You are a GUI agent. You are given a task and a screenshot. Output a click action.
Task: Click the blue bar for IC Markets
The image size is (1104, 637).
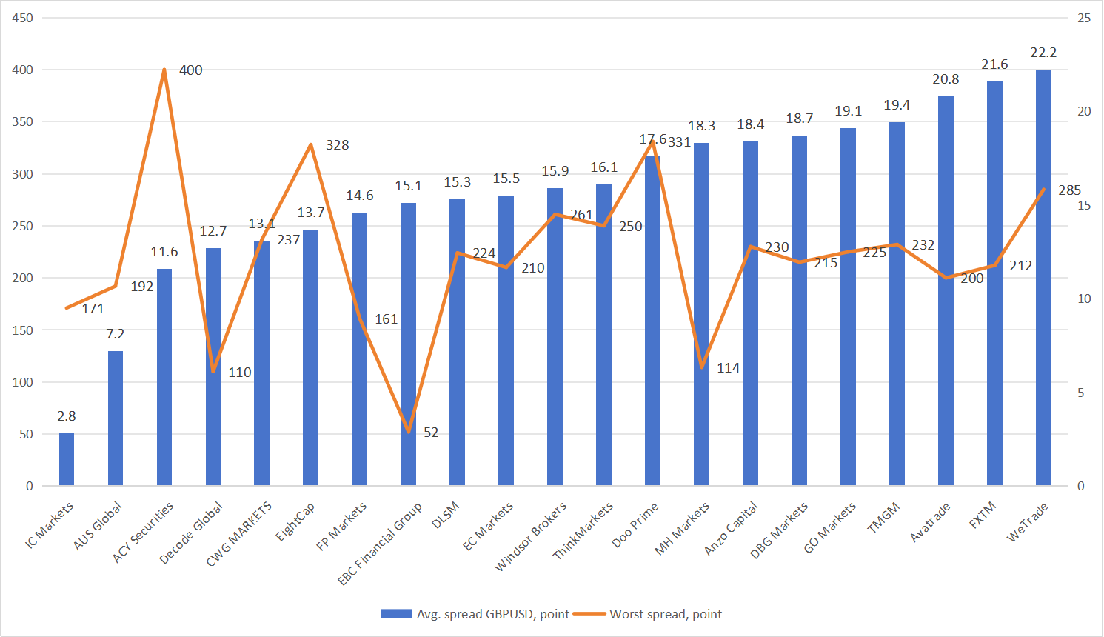point(67,459)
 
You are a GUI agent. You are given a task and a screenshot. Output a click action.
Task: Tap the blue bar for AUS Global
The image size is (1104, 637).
point(116,418)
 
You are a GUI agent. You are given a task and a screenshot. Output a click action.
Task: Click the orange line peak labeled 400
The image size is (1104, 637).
point(164,70)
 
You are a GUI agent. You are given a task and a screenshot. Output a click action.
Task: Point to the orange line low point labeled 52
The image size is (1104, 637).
point(409,431)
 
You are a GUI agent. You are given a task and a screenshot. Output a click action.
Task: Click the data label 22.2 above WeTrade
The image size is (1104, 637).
point(1043,53)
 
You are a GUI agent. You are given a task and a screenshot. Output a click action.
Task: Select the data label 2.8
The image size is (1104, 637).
point(67,416)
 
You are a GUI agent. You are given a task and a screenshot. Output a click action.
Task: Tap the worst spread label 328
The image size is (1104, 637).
point(337,145)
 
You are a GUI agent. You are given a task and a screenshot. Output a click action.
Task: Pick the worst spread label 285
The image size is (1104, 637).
point(1069,190)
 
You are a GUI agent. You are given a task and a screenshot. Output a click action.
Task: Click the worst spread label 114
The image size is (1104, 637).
point(728,368)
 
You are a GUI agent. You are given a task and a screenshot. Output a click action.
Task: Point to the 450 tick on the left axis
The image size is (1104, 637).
point(23,18)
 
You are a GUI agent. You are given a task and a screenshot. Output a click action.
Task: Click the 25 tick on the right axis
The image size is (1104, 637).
point(1084,18)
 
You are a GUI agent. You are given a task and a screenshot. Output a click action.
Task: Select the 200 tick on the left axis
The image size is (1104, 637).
point(23,278)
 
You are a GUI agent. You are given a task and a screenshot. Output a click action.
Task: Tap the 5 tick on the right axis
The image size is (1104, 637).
point(1081,393)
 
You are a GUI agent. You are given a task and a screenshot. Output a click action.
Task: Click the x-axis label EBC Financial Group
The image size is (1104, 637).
point(380,544)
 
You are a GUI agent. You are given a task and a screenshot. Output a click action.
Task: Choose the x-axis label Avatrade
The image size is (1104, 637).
point(929,523)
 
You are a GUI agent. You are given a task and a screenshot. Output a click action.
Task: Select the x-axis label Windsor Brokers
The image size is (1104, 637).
point(530,537)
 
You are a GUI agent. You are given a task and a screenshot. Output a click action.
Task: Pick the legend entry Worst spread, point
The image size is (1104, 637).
point(665,614)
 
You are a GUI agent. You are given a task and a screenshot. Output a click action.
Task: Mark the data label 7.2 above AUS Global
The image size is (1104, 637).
point(116,334)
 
